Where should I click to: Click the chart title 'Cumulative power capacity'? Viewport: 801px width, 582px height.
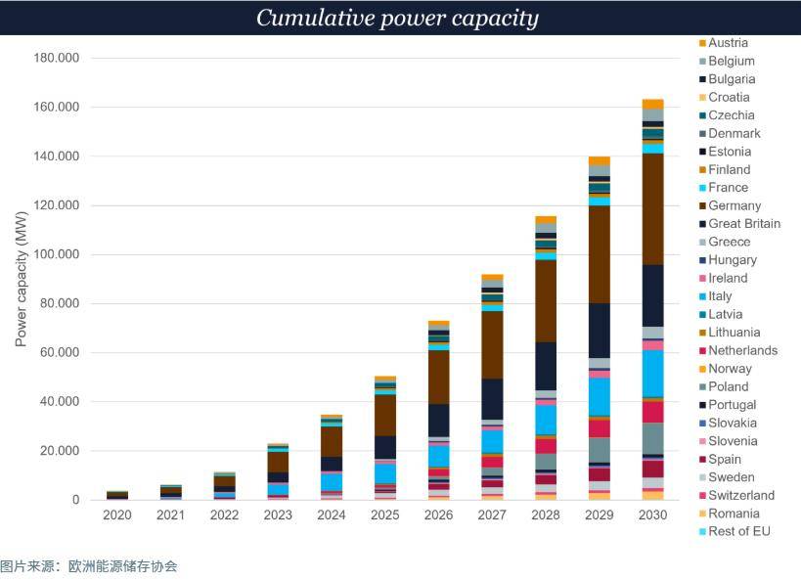(397, 18)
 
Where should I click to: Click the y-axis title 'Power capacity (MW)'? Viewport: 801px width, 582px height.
(21, 279)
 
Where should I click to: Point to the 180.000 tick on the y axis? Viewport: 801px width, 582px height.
(57, 58)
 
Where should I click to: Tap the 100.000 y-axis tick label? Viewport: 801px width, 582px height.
(57, 254)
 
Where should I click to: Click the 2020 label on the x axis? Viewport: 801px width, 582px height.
(117, 515)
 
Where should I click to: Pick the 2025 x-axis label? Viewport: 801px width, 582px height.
(385, 515)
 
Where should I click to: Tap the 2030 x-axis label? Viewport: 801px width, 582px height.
(652, 515)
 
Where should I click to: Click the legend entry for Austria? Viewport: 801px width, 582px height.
(728, 43)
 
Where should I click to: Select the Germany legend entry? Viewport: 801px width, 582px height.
(734, 205)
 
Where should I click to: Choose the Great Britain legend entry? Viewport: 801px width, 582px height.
(743, 224)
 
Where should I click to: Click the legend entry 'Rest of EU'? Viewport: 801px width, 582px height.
(738, 531)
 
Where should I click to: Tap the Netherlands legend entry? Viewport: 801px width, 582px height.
(742, 350)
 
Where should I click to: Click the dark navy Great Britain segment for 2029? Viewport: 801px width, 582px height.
(600, 331)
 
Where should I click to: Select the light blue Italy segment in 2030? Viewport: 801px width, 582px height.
(652, 373)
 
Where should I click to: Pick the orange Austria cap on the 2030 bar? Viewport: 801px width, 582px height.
(652, 104)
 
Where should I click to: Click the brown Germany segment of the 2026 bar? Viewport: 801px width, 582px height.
(438, 377)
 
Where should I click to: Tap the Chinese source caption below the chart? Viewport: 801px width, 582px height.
(89, 566)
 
